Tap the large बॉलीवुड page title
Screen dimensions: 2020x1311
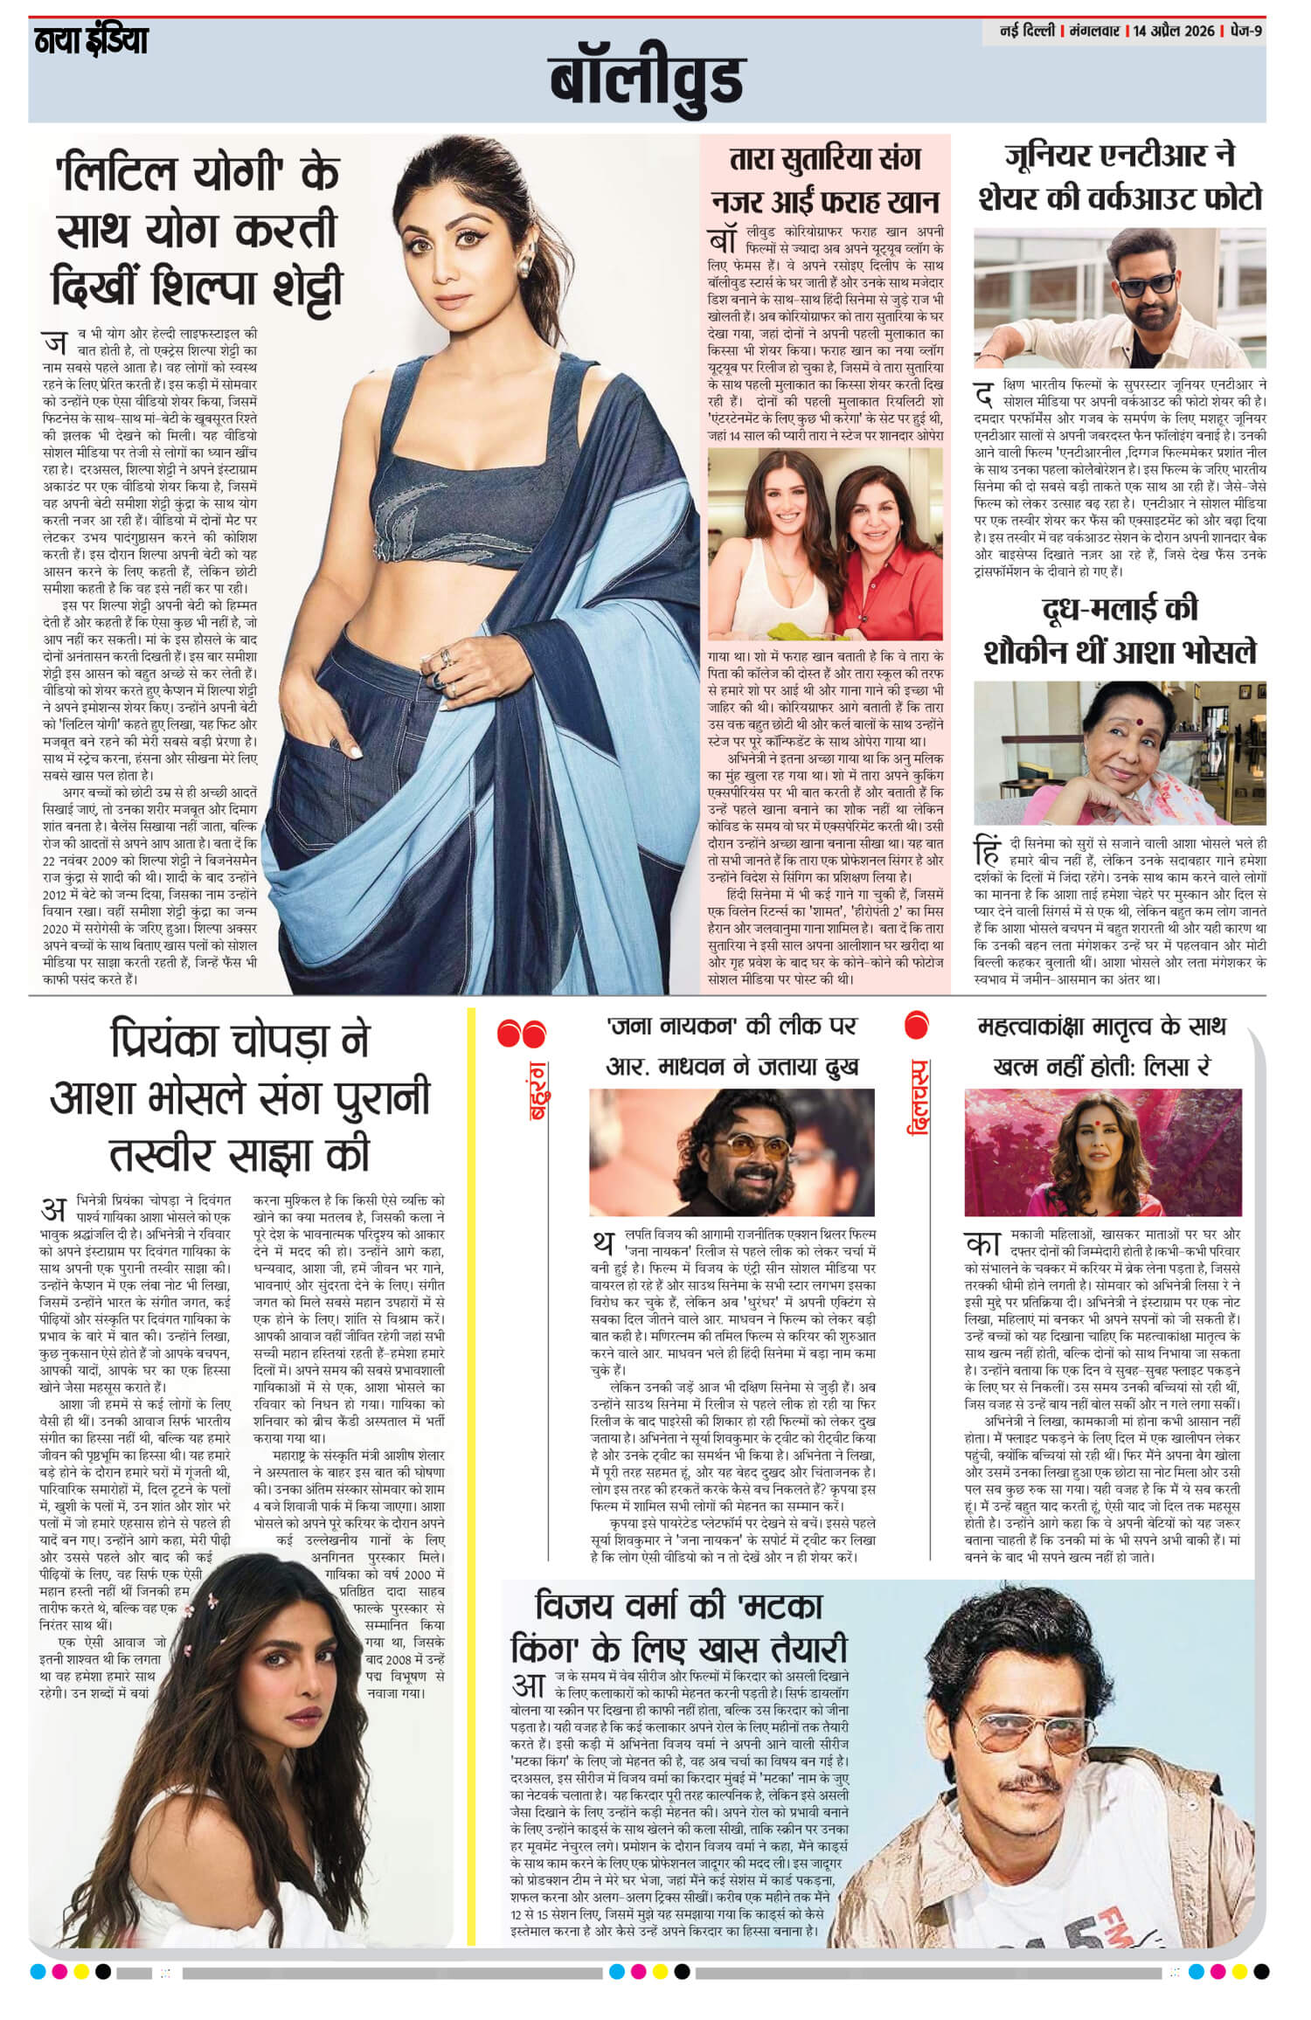pyautogui.click(x=647, y=80)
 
